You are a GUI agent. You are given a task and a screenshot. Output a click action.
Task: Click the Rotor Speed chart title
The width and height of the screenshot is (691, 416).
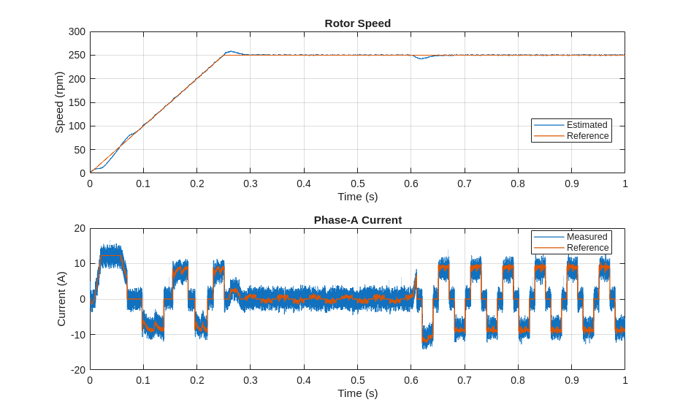click(x=357, y=23)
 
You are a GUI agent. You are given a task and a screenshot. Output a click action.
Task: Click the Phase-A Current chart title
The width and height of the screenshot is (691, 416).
click(x=357, y=220)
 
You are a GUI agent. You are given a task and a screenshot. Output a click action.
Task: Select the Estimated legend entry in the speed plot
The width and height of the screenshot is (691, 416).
click(x=587, y=125)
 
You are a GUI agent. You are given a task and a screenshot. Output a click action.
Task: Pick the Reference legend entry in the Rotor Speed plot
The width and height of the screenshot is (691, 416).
click(x=587, y=136)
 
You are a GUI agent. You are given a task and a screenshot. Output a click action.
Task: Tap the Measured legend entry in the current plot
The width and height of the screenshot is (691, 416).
click(x=587, y=237)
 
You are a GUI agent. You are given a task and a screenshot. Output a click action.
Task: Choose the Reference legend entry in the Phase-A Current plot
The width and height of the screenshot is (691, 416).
click(x=587, y=248)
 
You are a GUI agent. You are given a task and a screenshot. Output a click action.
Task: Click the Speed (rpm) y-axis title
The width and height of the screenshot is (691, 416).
click(x=60, y=102)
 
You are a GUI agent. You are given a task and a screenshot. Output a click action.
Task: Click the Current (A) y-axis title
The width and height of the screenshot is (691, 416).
click(x=61, y=299)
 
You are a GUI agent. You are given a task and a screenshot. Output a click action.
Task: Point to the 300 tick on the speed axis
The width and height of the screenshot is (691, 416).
click(x=77, y=32)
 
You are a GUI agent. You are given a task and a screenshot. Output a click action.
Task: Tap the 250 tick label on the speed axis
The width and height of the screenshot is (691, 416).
click(x=77, y=56)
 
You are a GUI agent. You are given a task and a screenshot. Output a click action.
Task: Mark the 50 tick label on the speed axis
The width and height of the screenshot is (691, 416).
click(x=80, y=150)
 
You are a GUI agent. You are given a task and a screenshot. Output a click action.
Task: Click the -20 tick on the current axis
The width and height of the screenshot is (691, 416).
click(x=77, y=370)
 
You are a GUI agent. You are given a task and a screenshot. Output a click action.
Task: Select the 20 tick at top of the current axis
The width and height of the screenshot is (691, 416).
click(x=80, y=229)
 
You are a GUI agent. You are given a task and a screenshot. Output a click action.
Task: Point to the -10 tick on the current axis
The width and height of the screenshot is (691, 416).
click(x=77, y=335)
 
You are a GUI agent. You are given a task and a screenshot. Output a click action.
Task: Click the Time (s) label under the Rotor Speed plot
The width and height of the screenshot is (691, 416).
click(x=357, y=197)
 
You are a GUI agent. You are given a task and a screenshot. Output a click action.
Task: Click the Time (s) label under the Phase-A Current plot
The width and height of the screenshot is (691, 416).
click(x=357, y=393)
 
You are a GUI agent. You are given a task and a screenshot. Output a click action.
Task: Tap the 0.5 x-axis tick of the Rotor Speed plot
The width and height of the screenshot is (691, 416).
click(x=357, y=184)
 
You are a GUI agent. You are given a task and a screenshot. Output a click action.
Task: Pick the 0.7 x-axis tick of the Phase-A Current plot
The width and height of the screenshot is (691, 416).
click(x=465, y=381)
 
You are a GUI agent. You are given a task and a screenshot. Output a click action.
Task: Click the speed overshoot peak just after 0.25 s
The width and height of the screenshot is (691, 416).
click(x=231, y=52)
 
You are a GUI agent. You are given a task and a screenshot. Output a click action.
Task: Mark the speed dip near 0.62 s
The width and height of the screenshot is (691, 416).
click(x=420, y=58)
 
